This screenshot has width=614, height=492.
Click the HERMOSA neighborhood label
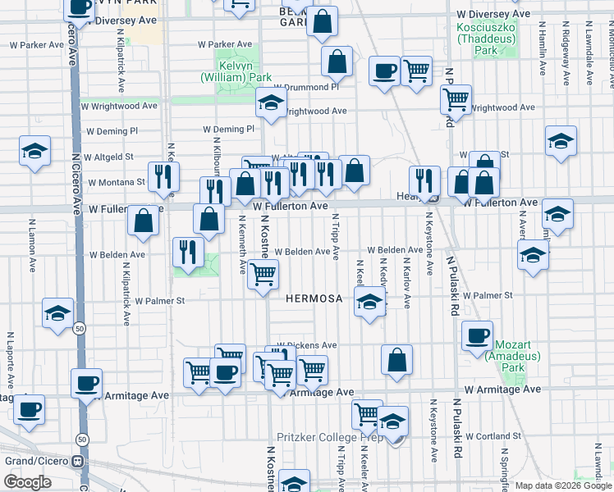coord(314,298)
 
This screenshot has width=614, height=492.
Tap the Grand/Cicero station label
coord(36,460)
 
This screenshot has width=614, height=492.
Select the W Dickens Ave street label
coord(307,345)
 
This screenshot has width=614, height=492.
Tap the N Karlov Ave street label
coord(406,281)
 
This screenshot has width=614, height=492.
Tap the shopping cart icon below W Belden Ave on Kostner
coord(263,275)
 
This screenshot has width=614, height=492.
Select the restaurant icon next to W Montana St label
coord(164,176)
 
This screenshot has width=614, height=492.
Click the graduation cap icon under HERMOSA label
coord(369,304)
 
